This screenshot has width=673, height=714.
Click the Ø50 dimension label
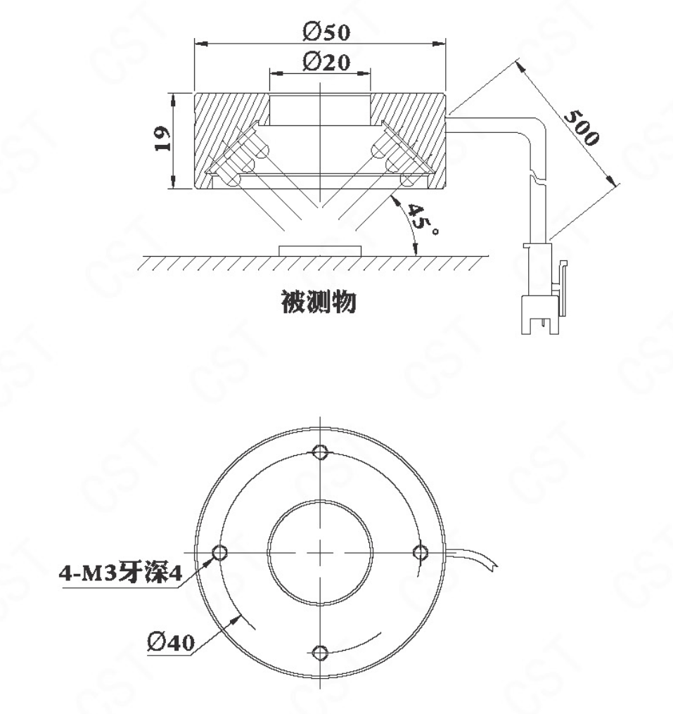[x=326, y=32]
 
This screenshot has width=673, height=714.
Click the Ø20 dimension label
[x=326, y=62]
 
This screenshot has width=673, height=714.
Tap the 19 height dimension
[x=162, y=139]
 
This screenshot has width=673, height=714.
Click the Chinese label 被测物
[x=319, y=302]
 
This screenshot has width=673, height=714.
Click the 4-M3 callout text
[x=121, y=573]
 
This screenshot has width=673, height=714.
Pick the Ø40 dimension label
[x=171, y=642]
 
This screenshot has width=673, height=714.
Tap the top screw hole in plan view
[x=321, y=452]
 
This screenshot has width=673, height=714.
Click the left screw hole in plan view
[x=220, y=552]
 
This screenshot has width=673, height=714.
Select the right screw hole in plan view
[x=420, y=552]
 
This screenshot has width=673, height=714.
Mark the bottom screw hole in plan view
[x=321, y=653]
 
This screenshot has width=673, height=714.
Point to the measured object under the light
[x=320, y=251]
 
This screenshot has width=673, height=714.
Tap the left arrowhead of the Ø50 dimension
[x=201, y=44]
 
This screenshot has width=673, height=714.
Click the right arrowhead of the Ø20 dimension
[x=364, y=72]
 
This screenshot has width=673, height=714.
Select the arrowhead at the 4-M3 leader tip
[x=209, y=562]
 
